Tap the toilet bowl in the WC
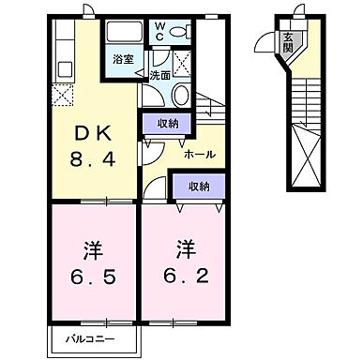tap(182, 32)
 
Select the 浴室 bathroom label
tap(123, 57)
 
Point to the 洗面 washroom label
tap(159, 75)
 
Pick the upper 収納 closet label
tap(166, 123)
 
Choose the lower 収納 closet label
tap(196, 186)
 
